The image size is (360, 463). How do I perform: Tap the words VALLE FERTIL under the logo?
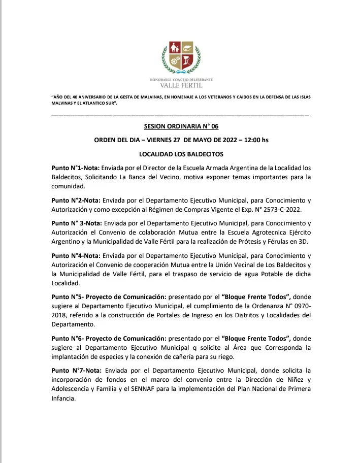181,85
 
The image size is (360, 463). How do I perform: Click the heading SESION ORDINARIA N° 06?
181,126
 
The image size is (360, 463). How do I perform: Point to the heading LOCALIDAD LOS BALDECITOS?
181,153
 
